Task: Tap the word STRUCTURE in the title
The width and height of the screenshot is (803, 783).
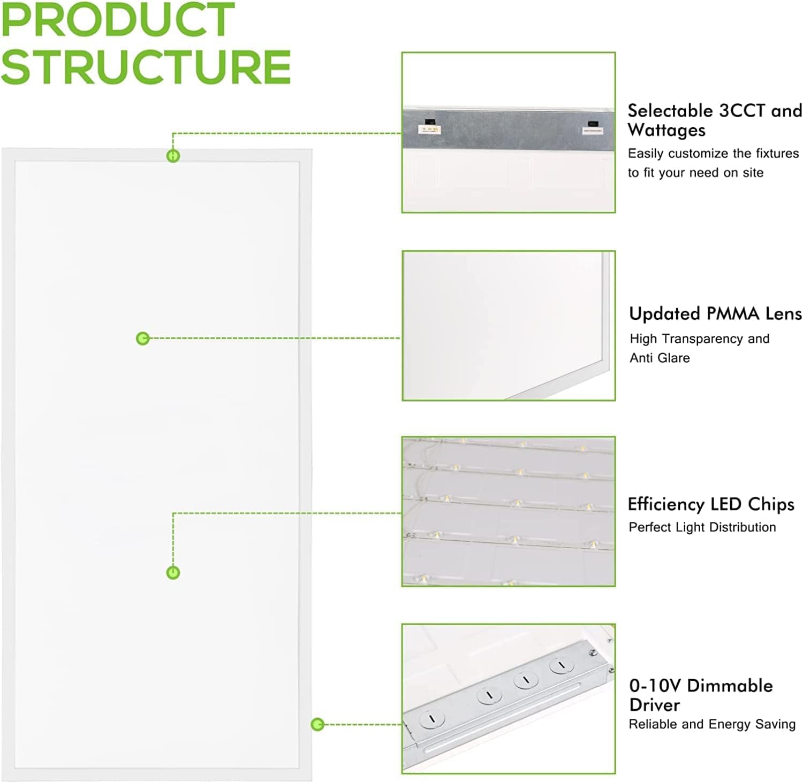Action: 146,67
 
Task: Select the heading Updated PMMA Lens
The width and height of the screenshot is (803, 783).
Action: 715,314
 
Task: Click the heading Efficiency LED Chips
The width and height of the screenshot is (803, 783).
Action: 711,504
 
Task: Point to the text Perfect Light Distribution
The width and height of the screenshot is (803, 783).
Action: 702,527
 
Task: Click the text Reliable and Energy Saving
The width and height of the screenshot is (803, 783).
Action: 712,724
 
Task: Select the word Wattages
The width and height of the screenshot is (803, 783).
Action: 666,130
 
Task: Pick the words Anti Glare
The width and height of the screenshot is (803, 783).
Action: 660,358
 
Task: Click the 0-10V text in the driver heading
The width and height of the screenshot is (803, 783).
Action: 655,686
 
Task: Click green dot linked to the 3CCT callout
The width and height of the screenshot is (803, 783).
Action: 173,156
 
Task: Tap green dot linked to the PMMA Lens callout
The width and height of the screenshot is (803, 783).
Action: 142,339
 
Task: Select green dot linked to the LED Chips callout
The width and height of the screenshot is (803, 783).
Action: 173,573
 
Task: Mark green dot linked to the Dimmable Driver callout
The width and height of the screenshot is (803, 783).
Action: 317,725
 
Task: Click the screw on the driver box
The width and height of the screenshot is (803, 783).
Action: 592,652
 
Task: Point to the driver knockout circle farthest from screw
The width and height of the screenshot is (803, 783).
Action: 432,719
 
